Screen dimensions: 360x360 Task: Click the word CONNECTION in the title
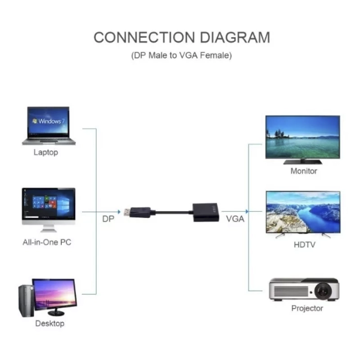point(144,37)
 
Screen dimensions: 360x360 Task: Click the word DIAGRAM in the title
point(235,37)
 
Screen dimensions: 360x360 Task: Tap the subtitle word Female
point(216,55)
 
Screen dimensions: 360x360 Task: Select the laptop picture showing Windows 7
point(49,126)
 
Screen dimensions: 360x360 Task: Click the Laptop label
point(46,153)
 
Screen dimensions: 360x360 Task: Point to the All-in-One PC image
point(49,210)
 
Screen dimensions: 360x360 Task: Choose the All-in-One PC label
point(47,242)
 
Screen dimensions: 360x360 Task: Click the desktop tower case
point(26,301)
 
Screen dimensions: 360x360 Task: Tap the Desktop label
point(50,324)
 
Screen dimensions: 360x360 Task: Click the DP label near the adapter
point(108,219)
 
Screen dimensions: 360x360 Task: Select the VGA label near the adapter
point(235,219)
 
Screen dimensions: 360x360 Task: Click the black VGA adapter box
point(206,212)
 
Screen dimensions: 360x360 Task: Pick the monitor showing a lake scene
point(302,139)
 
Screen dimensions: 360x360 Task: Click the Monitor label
point(304,171)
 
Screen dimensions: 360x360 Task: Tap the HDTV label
point(305,245)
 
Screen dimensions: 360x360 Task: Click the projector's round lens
point(323,291)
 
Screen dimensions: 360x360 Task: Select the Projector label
point(307,308)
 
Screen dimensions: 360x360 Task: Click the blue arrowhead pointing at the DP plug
point(119,211)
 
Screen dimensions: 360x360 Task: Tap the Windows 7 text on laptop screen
point(49,121)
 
